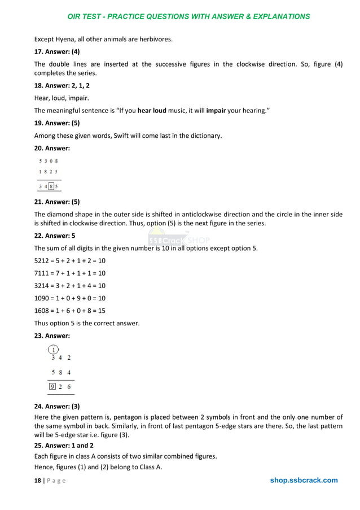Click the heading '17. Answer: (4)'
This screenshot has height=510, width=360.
point(57,51)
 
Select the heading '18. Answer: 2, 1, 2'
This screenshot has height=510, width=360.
point(62,85)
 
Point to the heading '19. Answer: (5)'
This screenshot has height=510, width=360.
point(57,123)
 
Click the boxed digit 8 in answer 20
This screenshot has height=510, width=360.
point(51,186)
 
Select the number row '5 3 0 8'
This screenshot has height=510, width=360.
point(49,161)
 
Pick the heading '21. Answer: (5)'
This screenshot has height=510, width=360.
point(57,202)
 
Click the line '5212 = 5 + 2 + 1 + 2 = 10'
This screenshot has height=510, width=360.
point(70,261)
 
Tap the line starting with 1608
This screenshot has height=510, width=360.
point(70,311)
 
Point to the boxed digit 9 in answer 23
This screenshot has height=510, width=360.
point(52,387)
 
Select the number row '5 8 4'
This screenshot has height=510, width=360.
point(61,373)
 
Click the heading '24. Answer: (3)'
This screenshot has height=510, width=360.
point(57,406)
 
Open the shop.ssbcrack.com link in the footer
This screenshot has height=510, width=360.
point(304,481)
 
